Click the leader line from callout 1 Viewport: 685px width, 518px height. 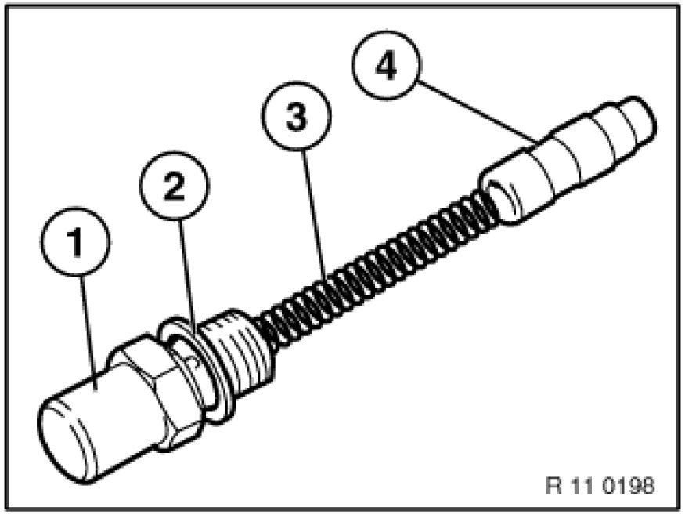click(88, 330)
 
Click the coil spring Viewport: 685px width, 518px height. click(376, 266)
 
